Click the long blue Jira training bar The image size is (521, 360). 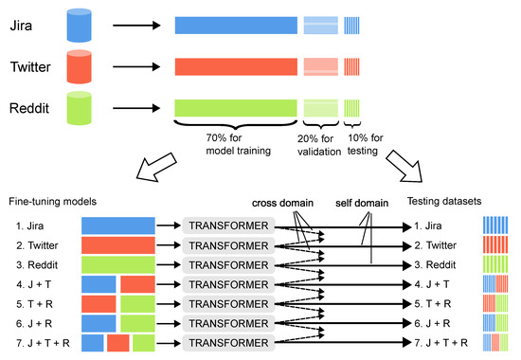point(236,26)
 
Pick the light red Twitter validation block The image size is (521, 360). point(319,66)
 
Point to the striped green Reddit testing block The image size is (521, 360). point(352,107)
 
